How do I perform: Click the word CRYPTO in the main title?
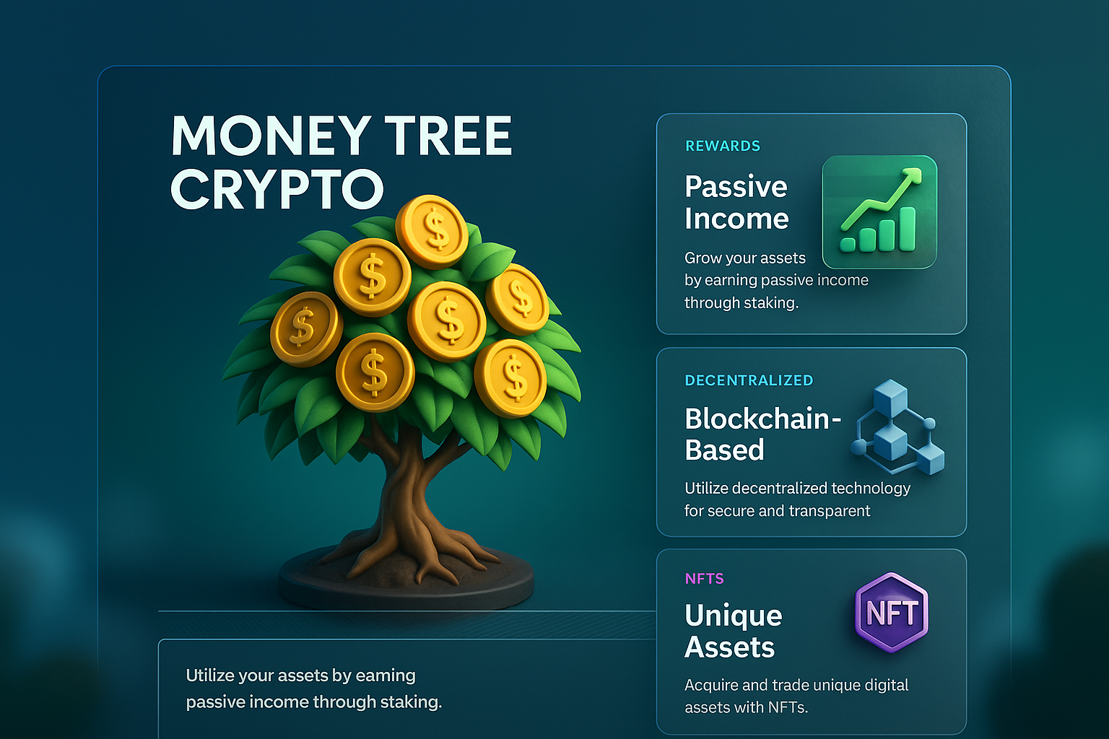[277, 188]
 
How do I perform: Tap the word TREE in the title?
[448, 135]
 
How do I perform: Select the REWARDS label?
[722, 146]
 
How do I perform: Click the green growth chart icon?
[880, 212]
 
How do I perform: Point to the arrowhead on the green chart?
[913, 175]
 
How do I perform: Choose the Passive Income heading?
[736, 203]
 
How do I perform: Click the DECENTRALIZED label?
[749, 380]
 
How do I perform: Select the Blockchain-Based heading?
[762, 434]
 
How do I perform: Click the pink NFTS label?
[704, 579]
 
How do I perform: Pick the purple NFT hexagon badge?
[891, 612]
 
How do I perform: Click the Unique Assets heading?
[734, 631]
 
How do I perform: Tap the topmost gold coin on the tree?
[432, 231]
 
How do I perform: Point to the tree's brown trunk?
[404, 490]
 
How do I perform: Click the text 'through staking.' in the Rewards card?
[741, 302]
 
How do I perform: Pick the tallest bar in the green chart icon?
[907, 229]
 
